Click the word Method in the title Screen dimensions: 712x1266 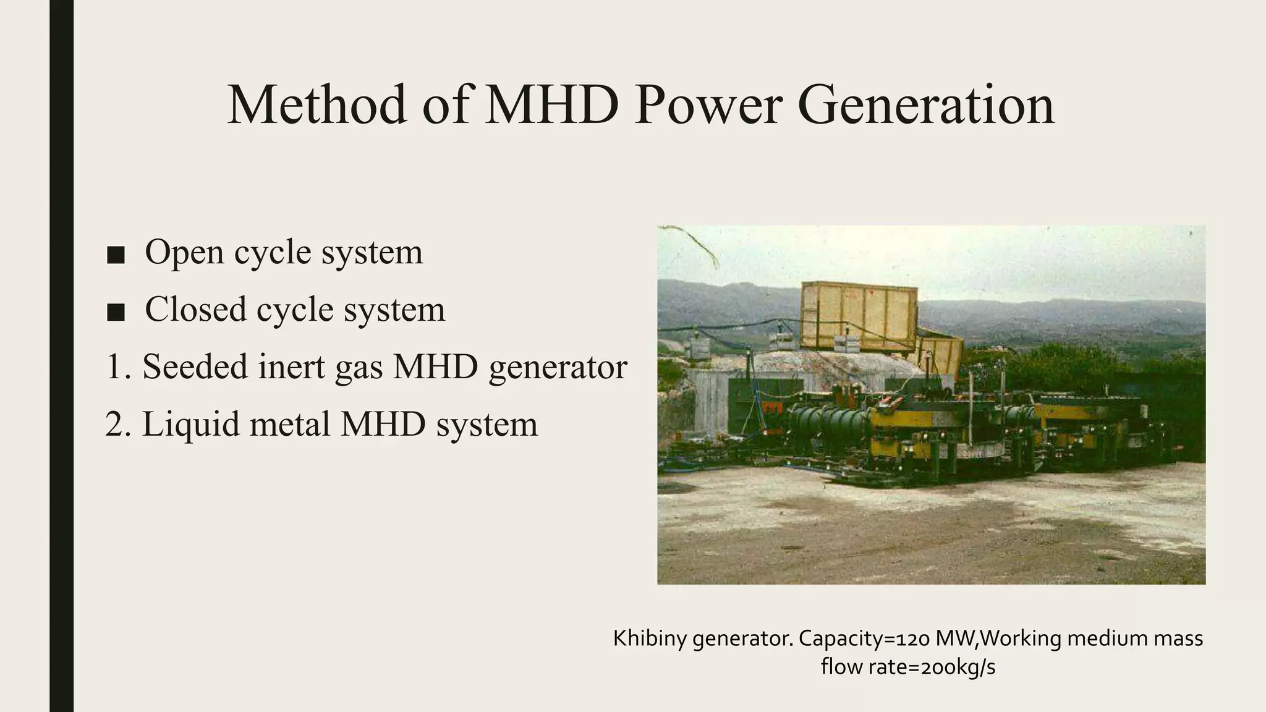click(x=317, y=105)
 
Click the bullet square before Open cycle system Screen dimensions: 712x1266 click(x=116, y=255)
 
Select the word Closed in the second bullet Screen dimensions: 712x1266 click(x=195, y=309)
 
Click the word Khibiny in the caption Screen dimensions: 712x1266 click(x=650, y=638)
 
